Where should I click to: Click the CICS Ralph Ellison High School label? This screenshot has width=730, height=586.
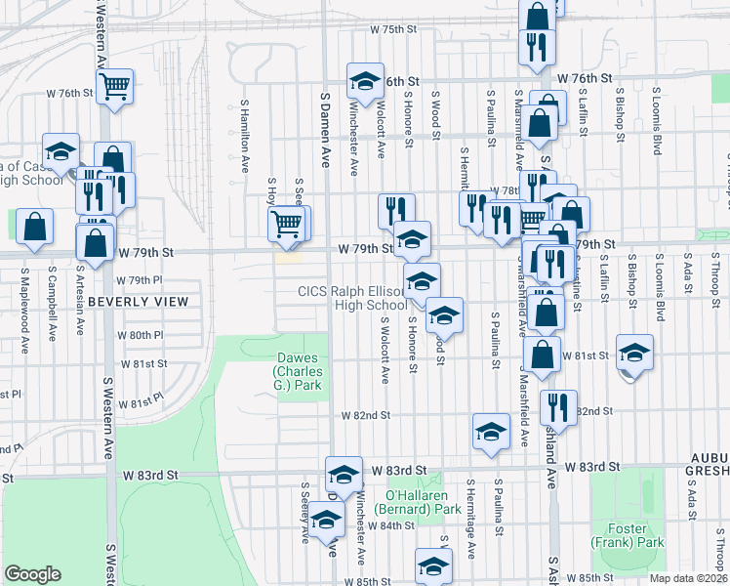coord(352,298)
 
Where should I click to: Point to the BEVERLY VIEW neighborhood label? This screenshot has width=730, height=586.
coord(138,302)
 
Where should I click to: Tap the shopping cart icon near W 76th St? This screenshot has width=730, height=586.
coord(114,87)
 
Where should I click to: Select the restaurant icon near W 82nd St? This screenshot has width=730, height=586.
coord(558,407)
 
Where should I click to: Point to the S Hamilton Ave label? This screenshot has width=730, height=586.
coord(244,140)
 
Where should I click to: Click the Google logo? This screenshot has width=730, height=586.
coord(32,574)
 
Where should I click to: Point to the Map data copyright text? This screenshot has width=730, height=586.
coord(688,578)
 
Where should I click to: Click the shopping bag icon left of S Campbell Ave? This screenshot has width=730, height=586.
coord(34,226)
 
